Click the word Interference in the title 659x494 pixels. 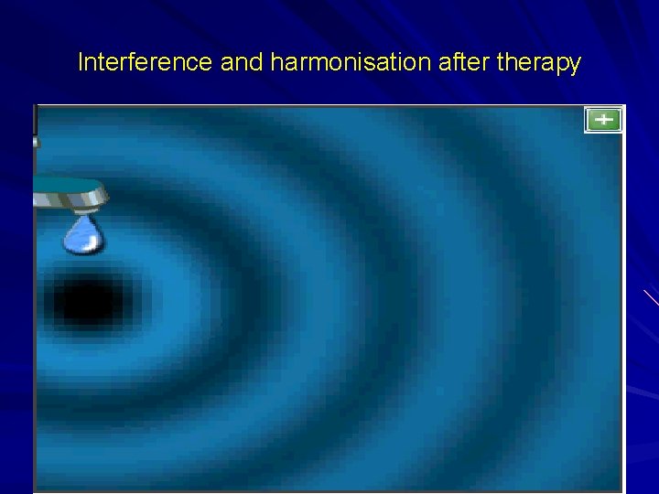(x=146, y=62)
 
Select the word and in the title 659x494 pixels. (x=243, y=62)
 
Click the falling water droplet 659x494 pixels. (x=84, y=234)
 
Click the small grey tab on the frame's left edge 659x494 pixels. (x=36, y=142)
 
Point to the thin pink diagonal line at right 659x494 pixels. (x=651, y=297)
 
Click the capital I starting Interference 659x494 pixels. (x=81, y=62)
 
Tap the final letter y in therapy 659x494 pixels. (x=574, y=65)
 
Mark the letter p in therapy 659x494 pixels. (x=560, y=65)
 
